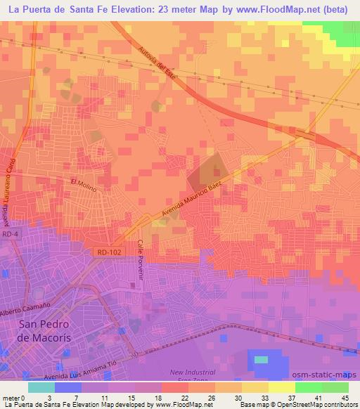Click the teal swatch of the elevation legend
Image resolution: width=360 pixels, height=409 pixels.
point(41,387)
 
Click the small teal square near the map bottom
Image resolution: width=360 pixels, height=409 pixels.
point(261,359)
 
